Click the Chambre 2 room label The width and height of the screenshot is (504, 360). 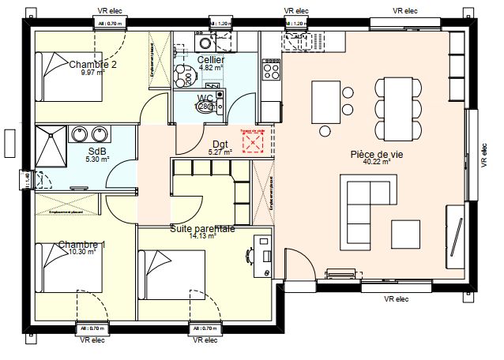click(92, 65)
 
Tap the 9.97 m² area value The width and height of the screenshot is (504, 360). click(93, 73)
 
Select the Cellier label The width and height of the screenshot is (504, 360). click(211, 60)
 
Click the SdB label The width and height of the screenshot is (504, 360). click(97, 151)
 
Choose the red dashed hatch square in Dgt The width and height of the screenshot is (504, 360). click(254, 142)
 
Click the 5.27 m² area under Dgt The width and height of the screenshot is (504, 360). click(219, 152)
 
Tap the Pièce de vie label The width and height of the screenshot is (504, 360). click(377, 155)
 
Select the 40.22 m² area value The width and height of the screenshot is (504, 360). click(377, 163)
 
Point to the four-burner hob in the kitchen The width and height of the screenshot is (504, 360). click(271, 70)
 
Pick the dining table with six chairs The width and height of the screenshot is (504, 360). click(393, 107)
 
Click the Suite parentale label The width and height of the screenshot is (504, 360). click(202, 229)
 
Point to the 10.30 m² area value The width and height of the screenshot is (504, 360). click(82, 253)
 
